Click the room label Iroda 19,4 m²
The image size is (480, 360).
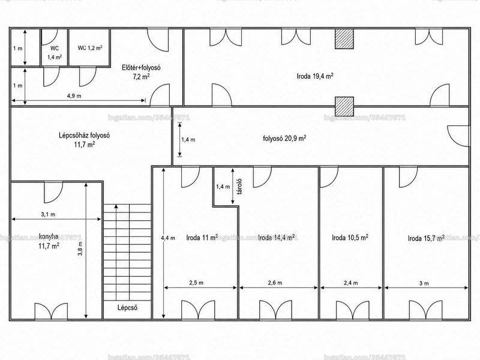pos(315,76)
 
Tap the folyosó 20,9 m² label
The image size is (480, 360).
pos(284,138)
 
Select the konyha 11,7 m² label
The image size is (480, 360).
pos(49,241)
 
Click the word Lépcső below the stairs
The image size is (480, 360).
pos(127,307)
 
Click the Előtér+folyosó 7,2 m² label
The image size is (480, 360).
pos(141,72)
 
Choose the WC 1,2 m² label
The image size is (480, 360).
pos(90,48)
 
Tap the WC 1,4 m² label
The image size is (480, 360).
pos(55,53)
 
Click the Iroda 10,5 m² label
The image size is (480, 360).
pos(350,238)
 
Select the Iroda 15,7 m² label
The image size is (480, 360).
pos(426,238)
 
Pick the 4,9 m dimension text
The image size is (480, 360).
pos(74,96)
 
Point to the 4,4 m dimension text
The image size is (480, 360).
pos(168,238)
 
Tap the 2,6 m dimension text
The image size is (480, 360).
pos(275,283)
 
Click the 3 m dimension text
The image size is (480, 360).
pos(424,283)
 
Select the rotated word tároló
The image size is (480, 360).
pos(239,187)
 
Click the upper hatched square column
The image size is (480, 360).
pos(344,39)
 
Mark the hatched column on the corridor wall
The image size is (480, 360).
pos(344,106)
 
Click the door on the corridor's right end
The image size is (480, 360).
pos(458,136)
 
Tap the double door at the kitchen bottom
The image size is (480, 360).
pos(51,311)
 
